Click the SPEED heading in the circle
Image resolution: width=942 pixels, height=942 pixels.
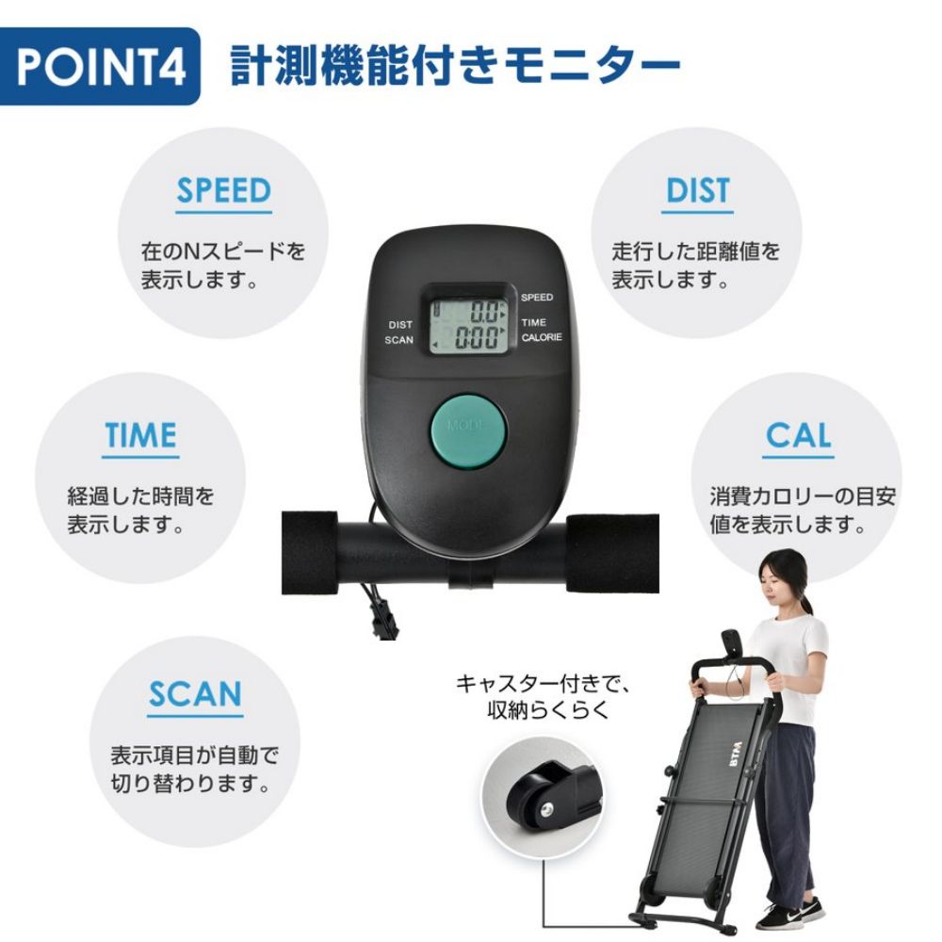coord(224,190)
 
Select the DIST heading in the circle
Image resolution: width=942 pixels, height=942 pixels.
coord(698,190)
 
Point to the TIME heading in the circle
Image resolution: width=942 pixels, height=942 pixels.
coord(140,435)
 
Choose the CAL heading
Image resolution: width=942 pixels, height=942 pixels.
coord(798,435)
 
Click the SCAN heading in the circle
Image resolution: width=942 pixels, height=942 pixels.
coord(195,694)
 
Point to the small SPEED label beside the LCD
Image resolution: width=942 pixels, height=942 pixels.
coord(537,298)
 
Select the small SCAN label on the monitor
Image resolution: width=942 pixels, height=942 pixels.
coord(399,340)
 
